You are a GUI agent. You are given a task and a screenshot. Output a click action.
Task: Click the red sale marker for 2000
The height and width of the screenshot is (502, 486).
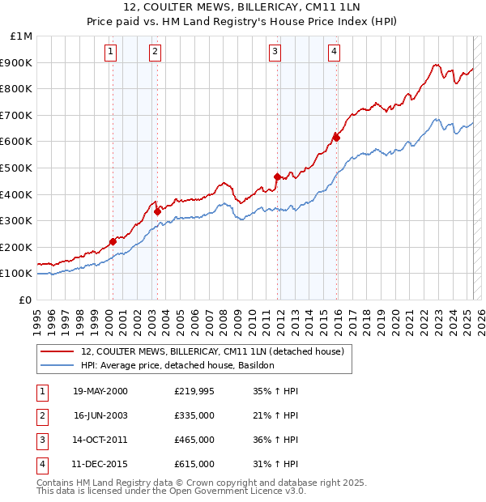click(x=113, y=241)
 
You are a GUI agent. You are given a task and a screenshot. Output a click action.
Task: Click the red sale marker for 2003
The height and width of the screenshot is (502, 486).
click(x=157, y=211)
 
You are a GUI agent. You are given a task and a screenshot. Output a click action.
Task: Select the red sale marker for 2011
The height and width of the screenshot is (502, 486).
click(x=277, y=177)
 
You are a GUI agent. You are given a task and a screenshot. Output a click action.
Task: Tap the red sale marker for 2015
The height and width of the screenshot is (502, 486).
click(x=337, y=138)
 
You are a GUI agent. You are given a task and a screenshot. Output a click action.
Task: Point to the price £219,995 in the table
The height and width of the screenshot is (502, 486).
click(x=194, y=391)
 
